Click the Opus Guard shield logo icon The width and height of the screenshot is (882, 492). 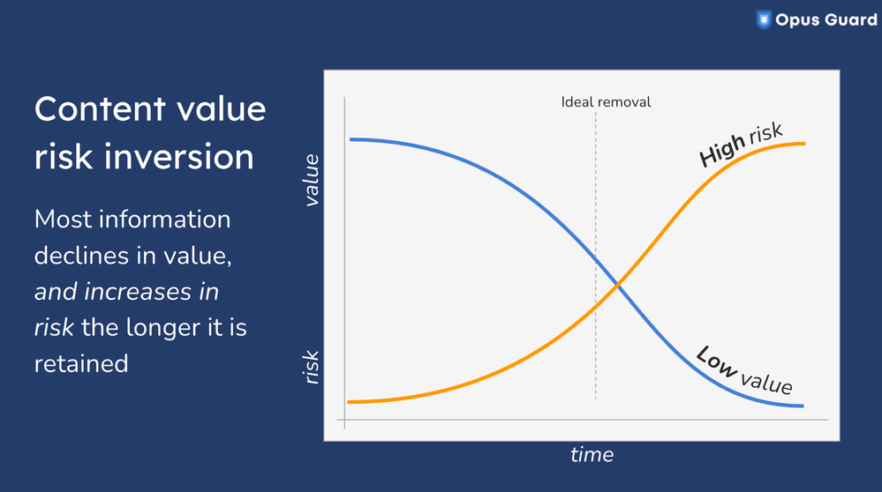coord(764,19)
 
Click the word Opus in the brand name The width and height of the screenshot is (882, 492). coord(797,19)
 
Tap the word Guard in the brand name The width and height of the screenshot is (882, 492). coord(850,19)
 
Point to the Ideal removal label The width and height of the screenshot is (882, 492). coord(606,101)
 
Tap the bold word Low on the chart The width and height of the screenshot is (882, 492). coord(716,361)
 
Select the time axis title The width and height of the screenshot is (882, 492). coord(591,455)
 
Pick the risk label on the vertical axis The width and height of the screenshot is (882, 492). coord(311,366)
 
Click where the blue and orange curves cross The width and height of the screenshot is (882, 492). coord(618,286)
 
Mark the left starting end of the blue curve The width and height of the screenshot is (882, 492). coord(351,139)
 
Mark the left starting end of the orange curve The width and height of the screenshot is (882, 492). coord(351,402)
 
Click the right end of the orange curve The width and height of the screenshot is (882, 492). coord(803,143)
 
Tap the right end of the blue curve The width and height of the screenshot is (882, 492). coord(803,406)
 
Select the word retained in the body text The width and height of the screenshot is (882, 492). coord(81,362)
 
